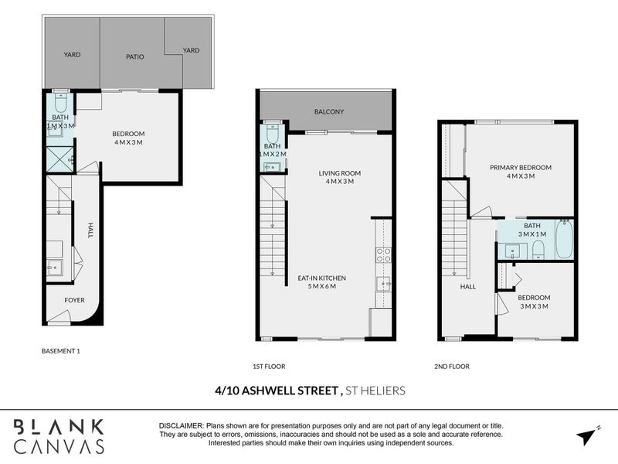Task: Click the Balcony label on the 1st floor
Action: click(329, 112)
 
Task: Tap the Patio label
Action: click(137, 56)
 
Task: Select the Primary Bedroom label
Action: click(521, 168)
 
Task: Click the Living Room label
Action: click(339, 173)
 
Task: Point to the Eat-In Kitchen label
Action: click(321, 278)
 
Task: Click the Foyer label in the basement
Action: click(75, 300)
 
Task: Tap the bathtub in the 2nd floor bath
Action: click(563, 241)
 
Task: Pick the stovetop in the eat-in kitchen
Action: click(383, 254)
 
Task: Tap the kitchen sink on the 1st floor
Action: click(383, 284)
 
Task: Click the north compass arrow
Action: click(587, 435)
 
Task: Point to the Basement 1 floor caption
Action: click(61, 351)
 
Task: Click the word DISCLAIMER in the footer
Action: click(181, 426)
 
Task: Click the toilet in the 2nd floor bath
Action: click(538, 248)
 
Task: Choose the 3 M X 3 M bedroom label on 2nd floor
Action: click(534, 302)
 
